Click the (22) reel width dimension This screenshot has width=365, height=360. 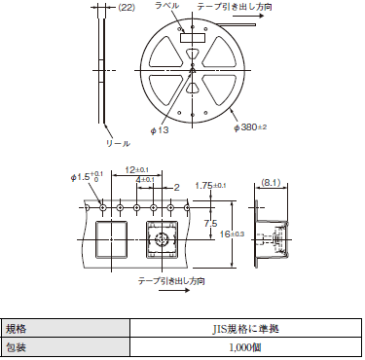coord(126,8)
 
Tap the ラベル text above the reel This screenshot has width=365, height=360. coord(166,6)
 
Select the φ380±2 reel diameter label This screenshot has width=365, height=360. coord(250,127)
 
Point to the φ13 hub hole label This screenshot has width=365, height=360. coord(160,130)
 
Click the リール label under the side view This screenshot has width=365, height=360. coord(118,143)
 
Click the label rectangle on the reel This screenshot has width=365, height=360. coord(193,38)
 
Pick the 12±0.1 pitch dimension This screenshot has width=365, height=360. coord(137,169)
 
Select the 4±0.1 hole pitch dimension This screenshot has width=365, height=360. coord(145,179)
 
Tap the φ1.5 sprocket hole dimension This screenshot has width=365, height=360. coord(87,177)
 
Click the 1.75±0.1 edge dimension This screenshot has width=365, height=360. coord(210,186)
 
